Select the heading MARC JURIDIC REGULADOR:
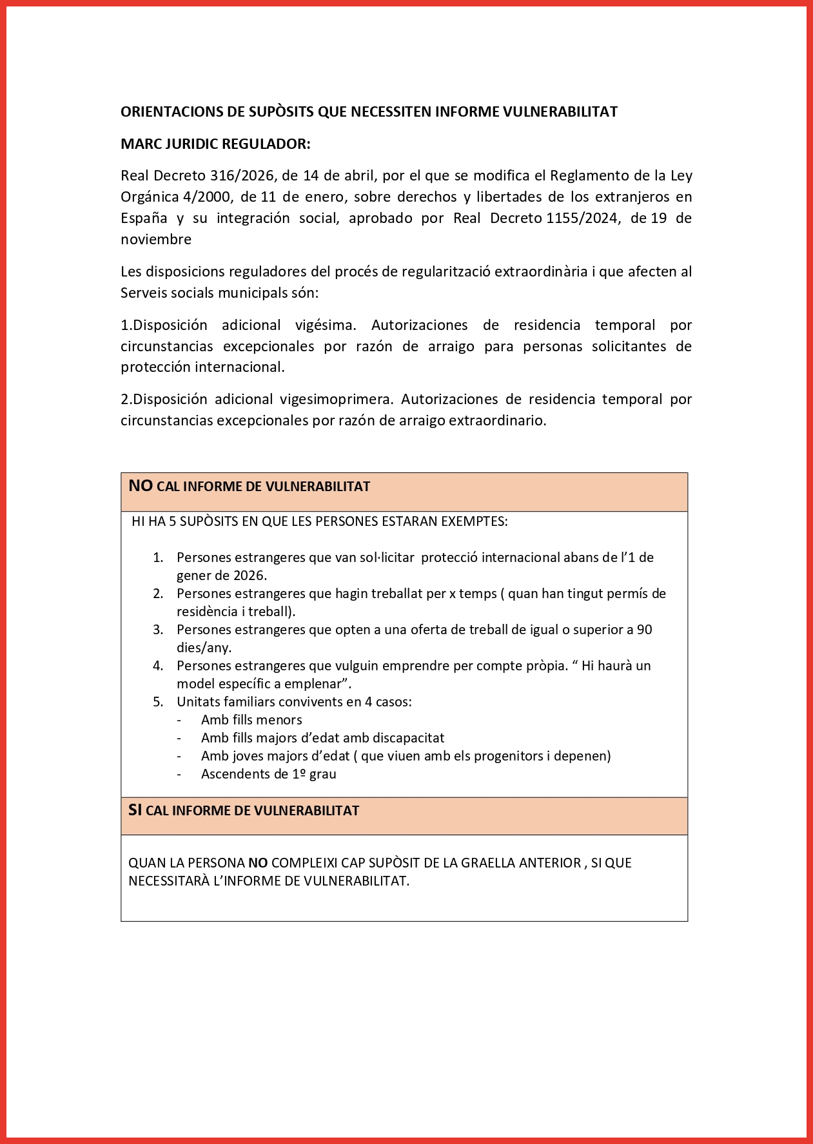pos(215,144)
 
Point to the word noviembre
pos(155,239)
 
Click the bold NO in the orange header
pos(140,486)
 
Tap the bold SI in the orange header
pos(135,810)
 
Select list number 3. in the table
pos(158,630)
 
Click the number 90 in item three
pos(644,630)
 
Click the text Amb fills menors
pos(251,720)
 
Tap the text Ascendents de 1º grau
pos(268,774)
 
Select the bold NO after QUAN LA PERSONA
pos(257,863)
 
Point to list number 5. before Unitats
pos(158,702)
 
